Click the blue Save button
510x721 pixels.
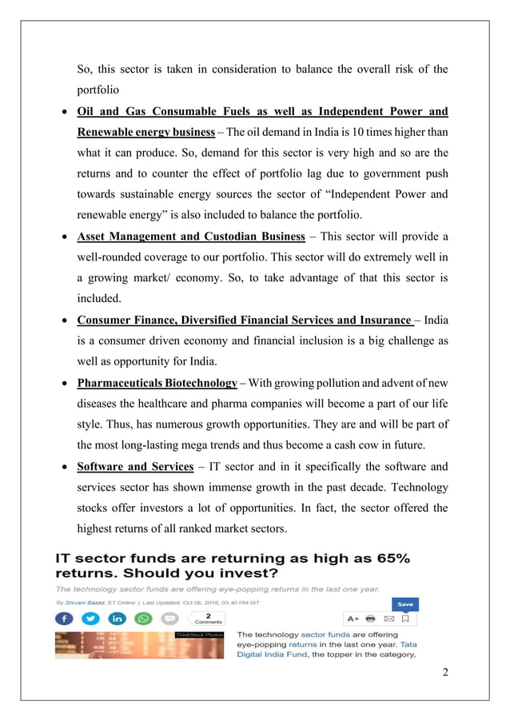click(x=406, y=604)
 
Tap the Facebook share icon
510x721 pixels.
click(x=63, y=619)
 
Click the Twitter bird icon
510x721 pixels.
click(x=90, y=619)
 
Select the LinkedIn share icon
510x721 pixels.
click(x=116, y=619)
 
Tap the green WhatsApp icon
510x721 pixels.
click(x=142, y=619)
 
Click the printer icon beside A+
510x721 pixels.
click(x=371, y=619)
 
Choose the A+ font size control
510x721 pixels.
click(x=353, y=619)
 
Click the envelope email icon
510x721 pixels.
click(x=389, y=619)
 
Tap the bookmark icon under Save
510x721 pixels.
click(x=406, y=619)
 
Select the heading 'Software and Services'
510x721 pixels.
click(x=135, y=466)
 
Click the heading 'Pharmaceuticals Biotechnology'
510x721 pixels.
click(x=157, y=383)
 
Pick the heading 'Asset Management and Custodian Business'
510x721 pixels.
click(x=191, y=236)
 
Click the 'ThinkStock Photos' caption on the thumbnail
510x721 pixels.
click(x=199, y=635)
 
